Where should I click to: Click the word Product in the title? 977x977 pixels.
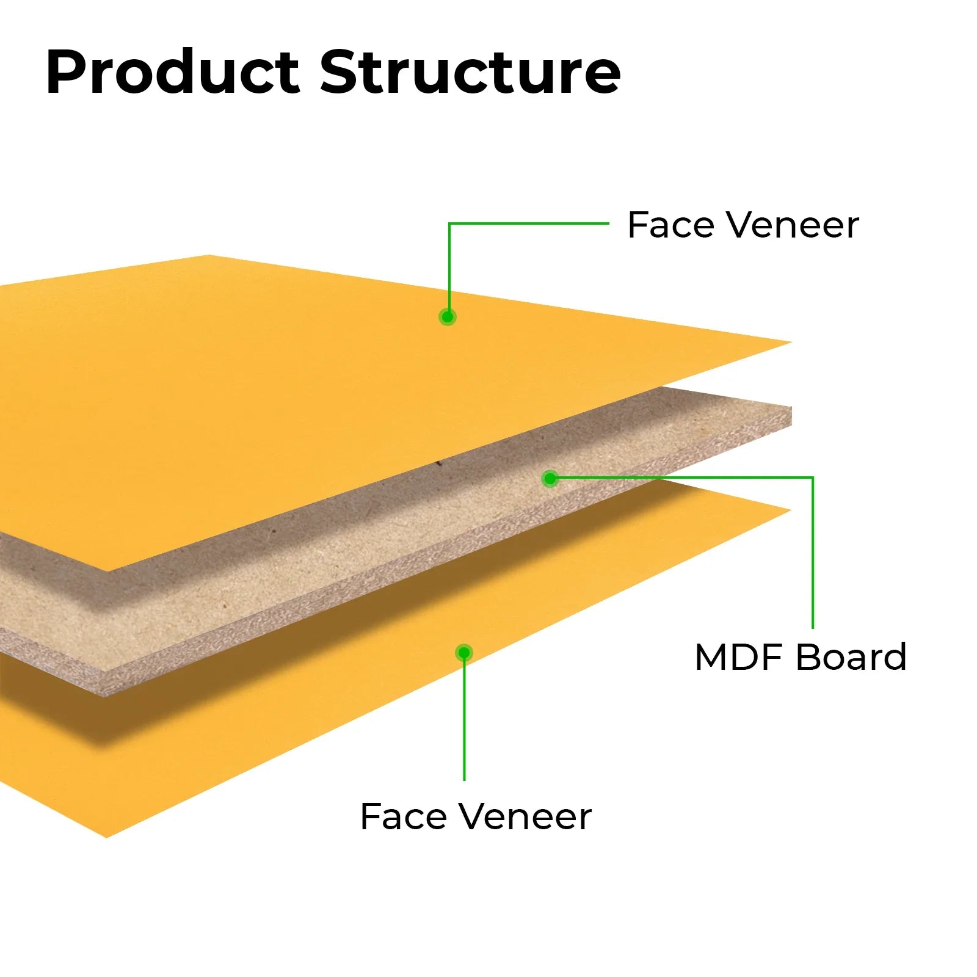tap(173, 72)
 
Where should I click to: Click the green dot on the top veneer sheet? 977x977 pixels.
tap(448, 317)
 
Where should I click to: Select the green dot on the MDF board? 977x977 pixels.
tap(550, 478)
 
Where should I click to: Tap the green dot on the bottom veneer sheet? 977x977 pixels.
tap(464, 653)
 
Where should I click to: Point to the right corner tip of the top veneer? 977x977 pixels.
tap(791, 342)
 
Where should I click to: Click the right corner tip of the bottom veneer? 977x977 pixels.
tap(791, 510)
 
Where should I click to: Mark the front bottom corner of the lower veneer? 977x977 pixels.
tap(106, 837)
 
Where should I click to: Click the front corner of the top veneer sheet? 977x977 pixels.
tap(108, 571)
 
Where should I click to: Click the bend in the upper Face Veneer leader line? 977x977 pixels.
tap(449, 223)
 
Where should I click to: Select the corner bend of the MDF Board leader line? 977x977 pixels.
tap(813, 478)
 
